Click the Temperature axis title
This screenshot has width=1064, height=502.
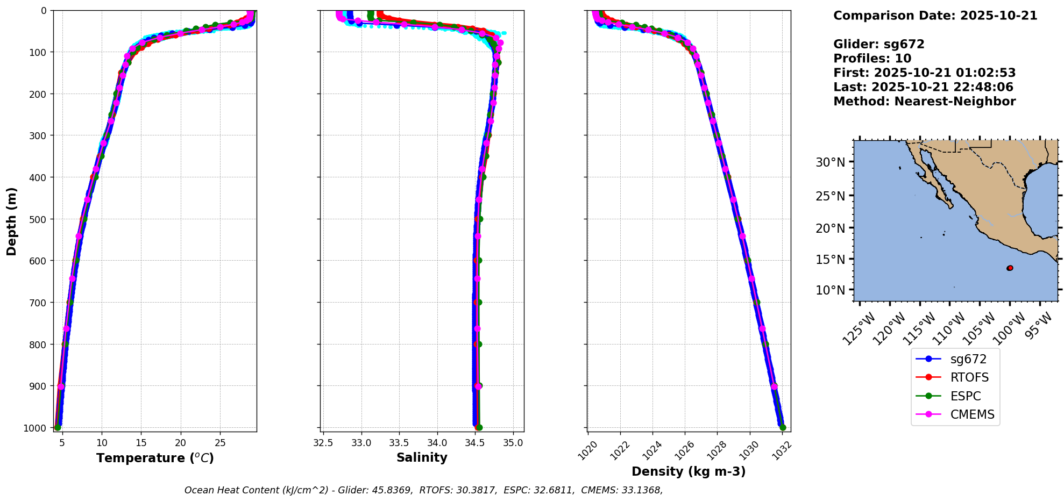[155, 458]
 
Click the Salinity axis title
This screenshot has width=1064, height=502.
[422, 458]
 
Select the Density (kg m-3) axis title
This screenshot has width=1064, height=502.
[689, 471]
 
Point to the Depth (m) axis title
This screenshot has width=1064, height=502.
[12, 221]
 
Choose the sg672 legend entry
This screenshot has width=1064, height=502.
[968, 359]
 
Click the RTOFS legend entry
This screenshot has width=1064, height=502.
[969, 377]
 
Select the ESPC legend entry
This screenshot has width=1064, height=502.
[966, 396]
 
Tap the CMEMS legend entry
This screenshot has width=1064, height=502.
[972, 414]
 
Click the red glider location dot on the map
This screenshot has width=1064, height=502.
[1010, 268]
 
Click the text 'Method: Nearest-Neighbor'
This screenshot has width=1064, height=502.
[924, 102]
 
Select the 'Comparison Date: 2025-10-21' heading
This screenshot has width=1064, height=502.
[935, 16]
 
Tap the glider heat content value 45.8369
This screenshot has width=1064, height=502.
[391, 490]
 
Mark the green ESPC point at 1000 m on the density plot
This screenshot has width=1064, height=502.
[783, 428]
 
